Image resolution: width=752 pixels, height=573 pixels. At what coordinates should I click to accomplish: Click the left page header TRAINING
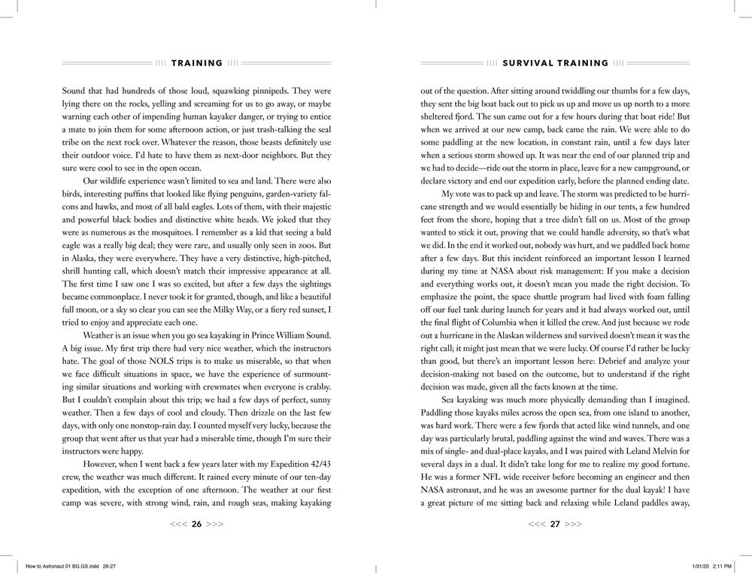[197, 63]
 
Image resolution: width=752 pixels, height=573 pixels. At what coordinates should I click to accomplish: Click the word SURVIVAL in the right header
[529, 63]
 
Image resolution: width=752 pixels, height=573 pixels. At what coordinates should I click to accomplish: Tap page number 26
[197, 524]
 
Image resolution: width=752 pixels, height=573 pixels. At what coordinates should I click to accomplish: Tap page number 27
[555, 524]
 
